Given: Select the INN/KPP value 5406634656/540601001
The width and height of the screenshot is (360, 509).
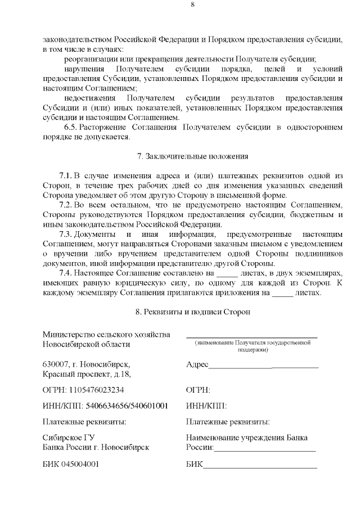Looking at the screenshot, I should pos(127,406).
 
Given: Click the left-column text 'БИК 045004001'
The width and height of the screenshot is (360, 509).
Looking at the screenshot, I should pos(71,465).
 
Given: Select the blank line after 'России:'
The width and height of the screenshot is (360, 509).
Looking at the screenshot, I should pos(264,449).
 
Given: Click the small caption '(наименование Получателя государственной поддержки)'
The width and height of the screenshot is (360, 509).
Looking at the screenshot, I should pos(252,346).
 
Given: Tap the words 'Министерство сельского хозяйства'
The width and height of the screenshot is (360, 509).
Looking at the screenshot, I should pos(106,335).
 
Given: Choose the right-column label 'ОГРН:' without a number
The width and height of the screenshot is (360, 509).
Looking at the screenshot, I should pos(198,389).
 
